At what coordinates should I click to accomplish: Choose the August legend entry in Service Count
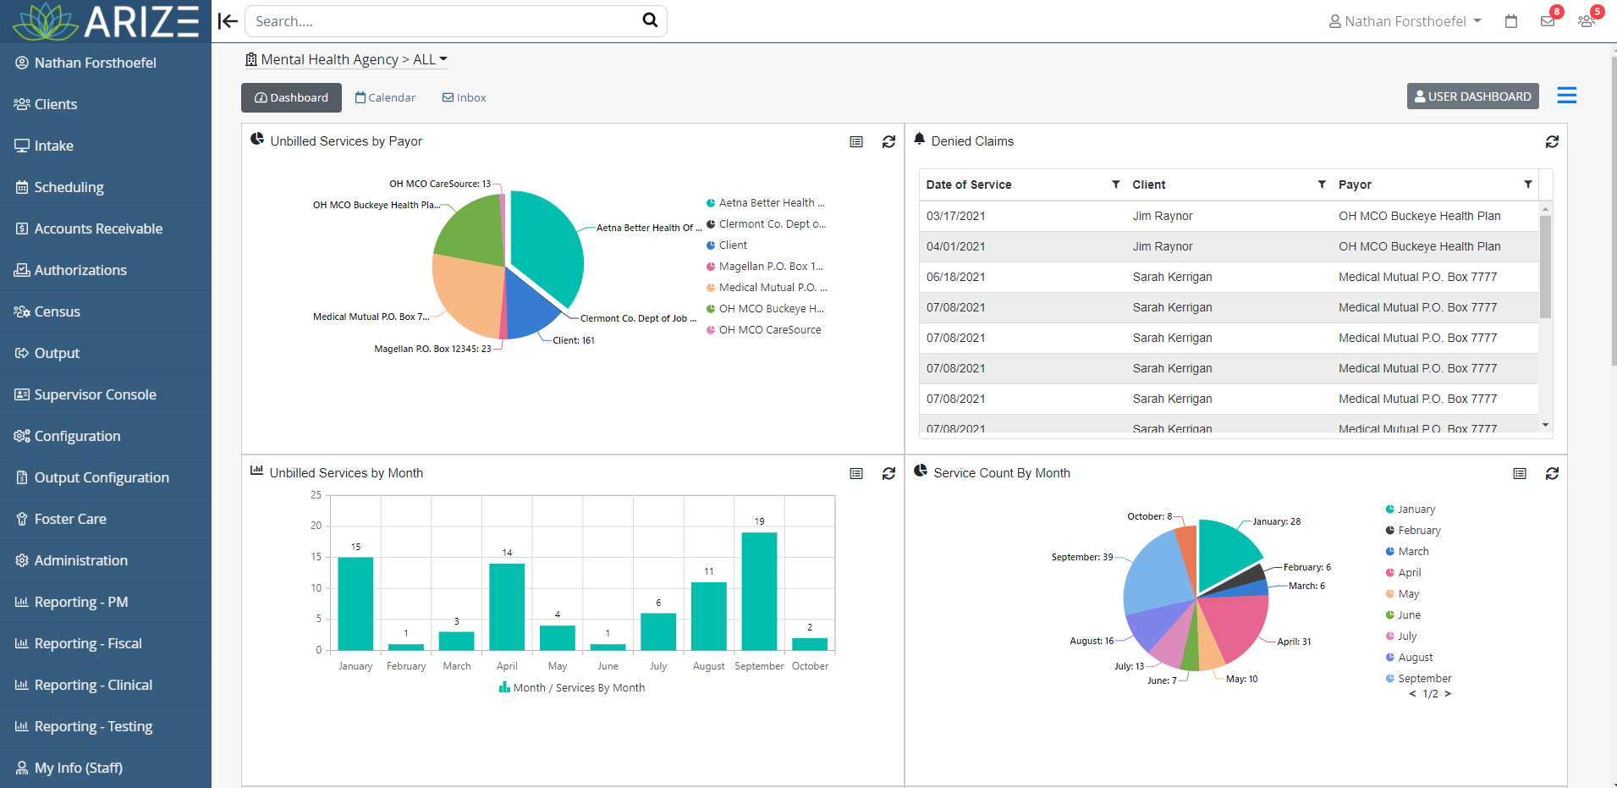point(1414,658)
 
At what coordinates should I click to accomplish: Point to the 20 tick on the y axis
point(316,526)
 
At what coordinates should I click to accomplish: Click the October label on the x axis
point(810,666)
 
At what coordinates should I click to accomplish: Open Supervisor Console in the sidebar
point(95,394)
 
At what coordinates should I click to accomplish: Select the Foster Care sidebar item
point(70,519)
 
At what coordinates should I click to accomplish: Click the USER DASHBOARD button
point(1472,96)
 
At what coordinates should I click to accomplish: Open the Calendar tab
point(386,98)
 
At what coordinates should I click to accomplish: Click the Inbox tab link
point(465,98)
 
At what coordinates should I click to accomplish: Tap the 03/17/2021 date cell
point(955,216)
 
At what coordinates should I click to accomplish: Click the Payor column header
point(1355,185)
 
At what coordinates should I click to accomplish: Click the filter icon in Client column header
point(1322,185)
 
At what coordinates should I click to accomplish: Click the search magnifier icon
point(650,20)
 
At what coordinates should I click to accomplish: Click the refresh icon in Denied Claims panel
point(1552,142)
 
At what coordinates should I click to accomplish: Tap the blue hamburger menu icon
point(1566,96)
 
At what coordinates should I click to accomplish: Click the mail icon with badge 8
point(1548,21)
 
